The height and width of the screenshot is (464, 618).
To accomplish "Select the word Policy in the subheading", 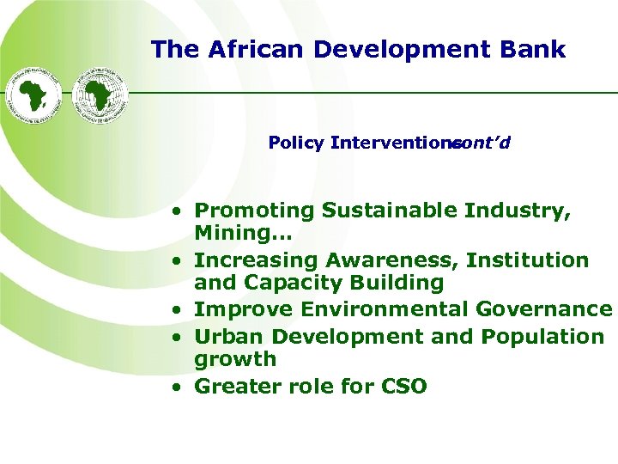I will (295, 143).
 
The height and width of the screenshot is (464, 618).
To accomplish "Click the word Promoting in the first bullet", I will (255, 211).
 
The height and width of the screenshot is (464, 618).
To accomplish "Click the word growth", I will (235, 359).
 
